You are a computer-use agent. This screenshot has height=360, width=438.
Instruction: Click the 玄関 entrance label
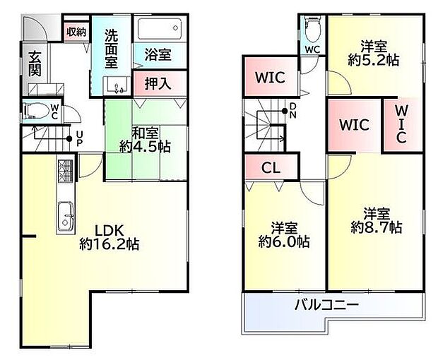click(x=35, y=64)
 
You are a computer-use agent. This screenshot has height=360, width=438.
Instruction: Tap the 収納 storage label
click(x=76, y=32)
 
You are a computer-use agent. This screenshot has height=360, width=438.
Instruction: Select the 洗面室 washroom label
click(x=111, y=48)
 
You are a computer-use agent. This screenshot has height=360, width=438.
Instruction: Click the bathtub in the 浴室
click(x=160, y=28)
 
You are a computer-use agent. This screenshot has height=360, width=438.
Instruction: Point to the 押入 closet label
click(x=158, y=83)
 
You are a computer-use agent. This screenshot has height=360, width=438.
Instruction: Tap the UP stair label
click(x=79, y=139)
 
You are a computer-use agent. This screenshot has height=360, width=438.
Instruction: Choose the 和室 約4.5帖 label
click(x=145, y=140)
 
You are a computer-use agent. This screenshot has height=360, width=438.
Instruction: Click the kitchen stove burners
click(x=65, y=170)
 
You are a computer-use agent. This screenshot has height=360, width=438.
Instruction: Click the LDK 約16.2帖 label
click(x=109, y=237)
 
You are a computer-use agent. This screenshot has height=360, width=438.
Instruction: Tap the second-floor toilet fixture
click(x=312, y=28)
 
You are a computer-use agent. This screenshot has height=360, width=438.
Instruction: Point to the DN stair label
click(x=292, y=111)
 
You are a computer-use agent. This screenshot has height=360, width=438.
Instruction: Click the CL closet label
click(x=271, y=168)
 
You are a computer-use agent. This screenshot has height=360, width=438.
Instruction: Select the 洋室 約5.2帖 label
click(x=374, y=53)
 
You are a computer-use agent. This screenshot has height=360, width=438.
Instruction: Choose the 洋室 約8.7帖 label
click(x=377, y=221)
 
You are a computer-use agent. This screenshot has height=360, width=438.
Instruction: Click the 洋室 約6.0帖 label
click(x=284, y=235)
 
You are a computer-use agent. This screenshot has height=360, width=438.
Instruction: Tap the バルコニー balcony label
click(x=326, y=304)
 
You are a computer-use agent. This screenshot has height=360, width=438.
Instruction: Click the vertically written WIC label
click(x=401, y=125)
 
